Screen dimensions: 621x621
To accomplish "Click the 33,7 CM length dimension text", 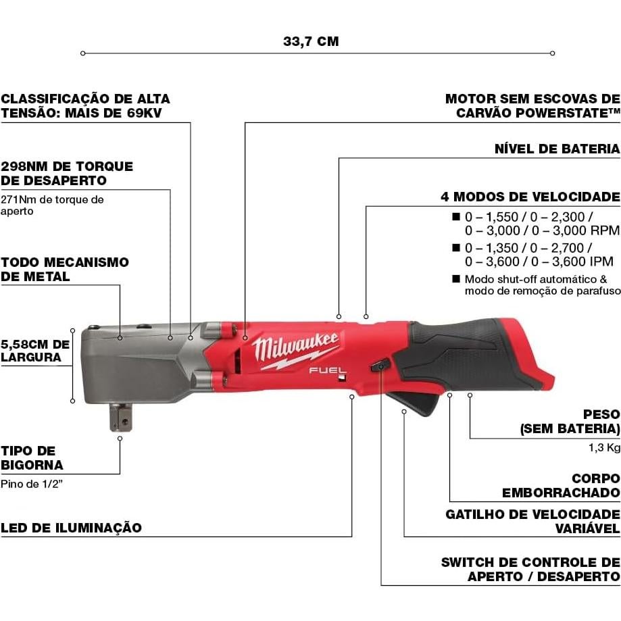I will (311, 41).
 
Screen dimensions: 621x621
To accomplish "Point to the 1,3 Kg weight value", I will (604, 447).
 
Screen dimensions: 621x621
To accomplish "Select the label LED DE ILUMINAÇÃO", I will (71, 528).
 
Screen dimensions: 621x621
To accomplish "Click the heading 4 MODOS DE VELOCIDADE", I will (530, 197).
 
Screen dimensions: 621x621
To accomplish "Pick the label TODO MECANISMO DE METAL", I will (64, 269).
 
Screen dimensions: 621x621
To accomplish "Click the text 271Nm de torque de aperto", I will (52, 205).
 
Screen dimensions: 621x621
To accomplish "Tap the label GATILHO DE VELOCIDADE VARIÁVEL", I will (532, 522).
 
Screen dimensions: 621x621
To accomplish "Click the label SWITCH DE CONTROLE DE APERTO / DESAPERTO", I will (530, 569).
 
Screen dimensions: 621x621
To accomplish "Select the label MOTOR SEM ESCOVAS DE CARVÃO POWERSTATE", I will (532, 105).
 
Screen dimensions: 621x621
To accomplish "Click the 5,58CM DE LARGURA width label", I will (34, 350).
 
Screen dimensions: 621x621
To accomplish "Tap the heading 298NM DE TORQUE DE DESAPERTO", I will (67, 173).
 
